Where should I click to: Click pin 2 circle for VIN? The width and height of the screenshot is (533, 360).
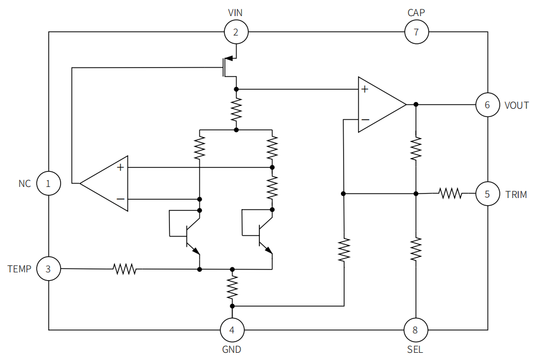click(x=236, y=32)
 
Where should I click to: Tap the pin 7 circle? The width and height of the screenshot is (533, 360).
click(x=416, y=32)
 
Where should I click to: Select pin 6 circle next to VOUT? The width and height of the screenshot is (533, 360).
click(x=487, y=105)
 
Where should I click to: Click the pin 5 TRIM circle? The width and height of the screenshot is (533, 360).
click(x=487, y=194)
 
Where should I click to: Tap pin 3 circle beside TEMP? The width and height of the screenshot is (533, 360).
click(x=48, y=270)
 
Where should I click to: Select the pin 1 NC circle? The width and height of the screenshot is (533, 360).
click(x=48, y=184)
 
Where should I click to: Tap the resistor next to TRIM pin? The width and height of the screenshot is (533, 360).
click(x=450, y=194)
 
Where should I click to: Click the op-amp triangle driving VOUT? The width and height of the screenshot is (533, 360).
click(x=380, y=105)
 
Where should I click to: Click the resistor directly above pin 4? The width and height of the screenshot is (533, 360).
click(x=232, y=288)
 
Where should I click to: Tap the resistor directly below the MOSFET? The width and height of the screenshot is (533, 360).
click(x=237, y=110)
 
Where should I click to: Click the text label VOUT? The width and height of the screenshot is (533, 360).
click(x=516, y=105)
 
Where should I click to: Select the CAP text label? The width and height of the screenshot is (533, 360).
click(x=416, y=12)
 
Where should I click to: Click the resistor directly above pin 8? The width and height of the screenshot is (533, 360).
click(x=416, y=250)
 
